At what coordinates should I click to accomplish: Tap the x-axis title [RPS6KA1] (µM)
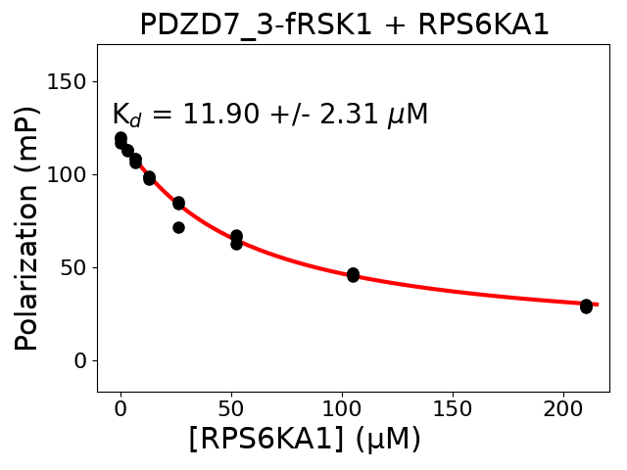coord(305,439)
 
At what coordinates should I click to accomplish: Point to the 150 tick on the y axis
coord(72,81)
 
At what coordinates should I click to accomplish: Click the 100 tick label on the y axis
coord(72,174)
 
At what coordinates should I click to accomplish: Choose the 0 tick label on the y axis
coord(83,360)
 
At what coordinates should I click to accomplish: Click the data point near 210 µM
coord(586,306)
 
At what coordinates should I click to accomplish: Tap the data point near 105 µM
coord(353,274)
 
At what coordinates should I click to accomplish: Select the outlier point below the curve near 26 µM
coord(178,227)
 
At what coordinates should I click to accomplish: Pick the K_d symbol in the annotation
coord(126,116)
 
